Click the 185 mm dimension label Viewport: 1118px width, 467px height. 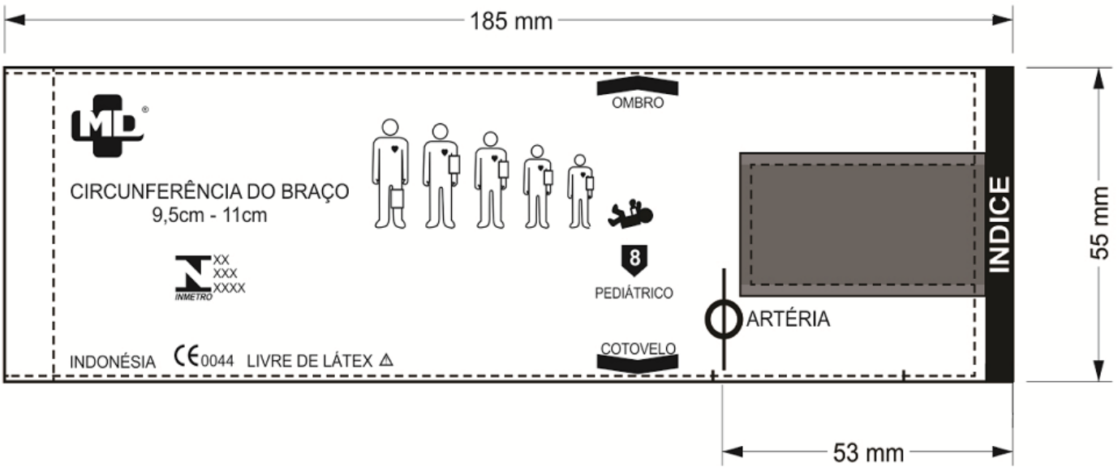pyautogui.click(x=511, y=21)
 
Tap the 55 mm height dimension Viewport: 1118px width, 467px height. pyautogui.click(x=1099, y=223)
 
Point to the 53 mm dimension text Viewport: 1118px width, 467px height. pyautogui.click(x=868, y=453)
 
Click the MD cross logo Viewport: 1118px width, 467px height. pyautogui.click(x=108, y=126)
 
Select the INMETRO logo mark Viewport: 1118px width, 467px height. pyautogui.click(x=194, y=278)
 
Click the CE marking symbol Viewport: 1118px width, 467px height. pyautogui.click(x=187, y=356)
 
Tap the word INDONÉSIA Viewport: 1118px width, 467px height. pyautogui.click(x=112, y=362)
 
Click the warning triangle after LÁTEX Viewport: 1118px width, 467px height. pyautogui.click(x=386, y=360)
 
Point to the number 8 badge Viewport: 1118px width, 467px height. pyautogui.click(x=634, y=260)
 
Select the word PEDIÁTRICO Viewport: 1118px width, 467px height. pyautogui.click(x=634, y=293)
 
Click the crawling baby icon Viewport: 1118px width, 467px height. pyautogui.click(x=630, y=213)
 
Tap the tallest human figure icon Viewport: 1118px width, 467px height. pyautogui.click(x=390, y=174)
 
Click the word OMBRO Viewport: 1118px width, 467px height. pyautogui.click(x=638, y=103)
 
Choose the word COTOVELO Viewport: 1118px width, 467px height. pyautogui.click(x=638, y=349)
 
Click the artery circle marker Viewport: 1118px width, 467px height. pyautogui.click(x=724, y=319)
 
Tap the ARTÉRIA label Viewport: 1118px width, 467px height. pyautogui.click(x=788, y=319)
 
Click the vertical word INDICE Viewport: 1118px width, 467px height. pyautogui.click(x=1000, y=225)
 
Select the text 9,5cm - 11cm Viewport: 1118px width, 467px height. pyautogui.click(x=209, y=216)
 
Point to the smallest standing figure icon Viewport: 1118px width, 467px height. pyautogui.click(x=580, y=191)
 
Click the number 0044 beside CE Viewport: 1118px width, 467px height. pyautogui.click(x=217, y=361)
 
